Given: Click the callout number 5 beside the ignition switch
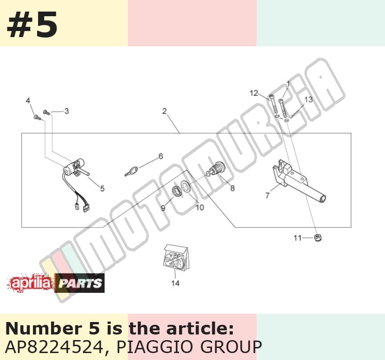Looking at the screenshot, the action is point(103,188).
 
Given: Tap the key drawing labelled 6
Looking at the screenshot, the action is point(131,171).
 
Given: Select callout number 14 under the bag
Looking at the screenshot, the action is point(175,283).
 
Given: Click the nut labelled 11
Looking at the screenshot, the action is point(318,237).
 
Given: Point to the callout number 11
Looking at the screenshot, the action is point(297,238).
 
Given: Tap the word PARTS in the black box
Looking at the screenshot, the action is point(80,283).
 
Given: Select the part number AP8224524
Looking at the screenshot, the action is point(54,347).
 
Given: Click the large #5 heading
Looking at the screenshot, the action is point(32,25).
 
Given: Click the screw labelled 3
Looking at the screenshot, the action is point(46,112).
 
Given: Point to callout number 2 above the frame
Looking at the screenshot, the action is point(165,111).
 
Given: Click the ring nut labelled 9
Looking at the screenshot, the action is point(177,191).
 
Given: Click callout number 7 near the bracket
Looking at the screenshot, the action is point(267,195).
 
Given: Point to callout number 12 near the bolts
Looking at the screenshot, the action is point(254,93).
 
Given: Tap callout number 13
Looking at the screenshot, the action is point(308,99).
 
